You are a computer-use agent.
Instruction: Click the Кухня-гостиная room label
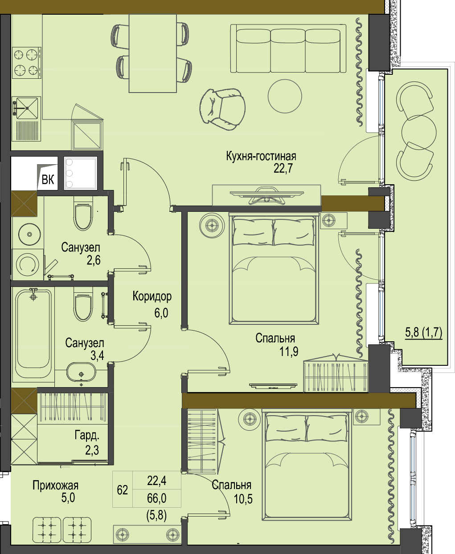coord(261,156)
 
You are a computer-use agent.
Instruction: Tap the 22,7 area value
coord(283,168)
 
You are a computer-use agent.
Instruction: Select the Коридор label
coord(152,296)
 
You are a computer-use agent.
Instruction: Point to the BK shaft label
coord(48,180)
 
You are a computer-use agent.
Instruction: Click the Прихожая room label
coord(56,485)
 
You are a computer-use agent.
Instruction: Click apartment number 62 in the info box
coord(123,489)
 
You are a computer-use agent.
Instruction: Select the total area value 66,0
coord(156,498)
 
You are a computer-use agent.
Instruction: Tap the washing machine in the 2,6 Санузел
coord(27,264)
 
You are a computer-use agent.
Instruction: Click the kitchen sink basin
coord(26,108)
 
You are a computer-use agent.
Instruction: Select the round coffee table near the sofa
coord(285,96)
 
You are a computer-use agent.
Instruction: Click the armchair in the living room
coord(223,109)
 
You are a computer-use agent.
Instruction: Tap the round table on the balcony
coord(419,133)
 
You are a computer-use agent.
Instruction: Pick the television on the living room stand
coord(266,195)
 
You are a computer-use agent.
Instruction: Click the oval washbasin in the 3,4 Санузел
coord(81,372)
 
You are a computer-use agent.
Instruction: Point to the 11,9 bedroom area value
coord(289,352)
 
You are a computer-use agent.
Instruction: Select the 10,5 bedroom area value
coord(243,498)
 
